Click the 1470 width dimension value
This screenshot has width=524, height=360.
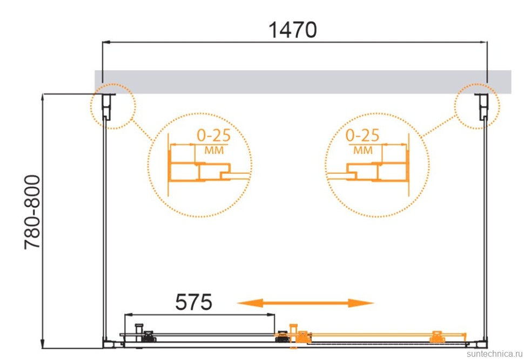pyautogui.click(x=292, y=30)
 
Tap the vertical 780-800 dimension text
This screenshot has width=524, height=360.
pyautogui.click(x=32, y=212)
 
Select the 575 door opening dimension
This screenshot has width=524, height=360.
pyautogui.click(x=193, y=302)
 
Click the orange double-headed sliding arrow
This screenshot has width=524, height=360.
pyautogui.click(x=305, y=303)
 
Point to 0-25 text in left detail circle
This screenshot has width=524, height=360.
pyautogui.click(x=213, y=135)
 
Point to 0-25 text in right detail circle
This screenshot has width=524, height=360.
pyautogui.click(x=362, y=135)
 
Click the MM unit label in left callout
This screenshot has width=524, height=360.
pyautogui.click(x=214, y=151)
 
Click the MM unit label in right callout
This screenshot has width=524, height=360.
pyautogui.click(x=363, y=151)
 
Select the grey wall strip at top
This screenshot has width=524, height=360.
pyautogui.click(x=303, y=82)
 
